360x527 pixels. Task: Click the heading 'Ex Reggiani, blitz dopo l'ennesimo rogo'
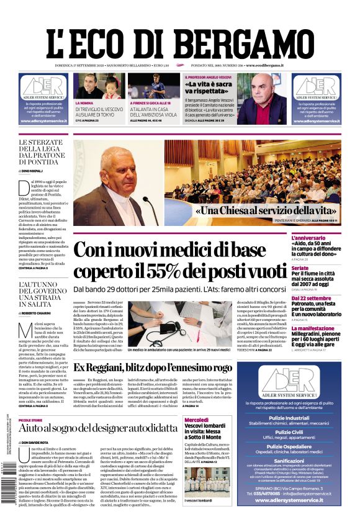click(x=161, y=367)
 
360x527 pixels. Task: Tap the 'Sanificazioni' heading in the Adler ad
click(x=305, y=461)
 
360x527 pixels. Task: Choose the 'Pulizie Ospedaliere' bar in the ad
click(x=305, y=446)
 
